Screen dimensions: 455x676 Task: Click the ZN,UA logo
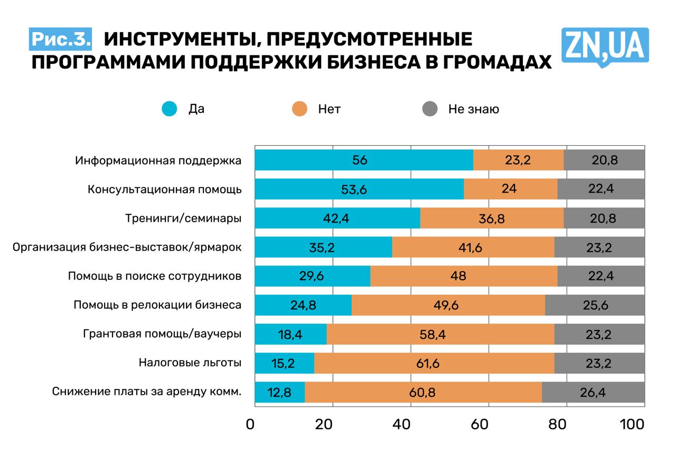tap(605, 46)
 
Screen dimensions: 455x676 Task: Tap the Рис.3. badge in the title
tap(61, 39)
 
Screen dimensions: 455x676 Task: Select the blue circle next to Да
tap(170, 109)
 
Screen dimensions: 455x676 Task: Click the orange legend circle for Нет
tap(299, 109)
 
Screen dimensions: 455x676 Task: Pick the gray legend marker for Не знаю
tap(430, 109)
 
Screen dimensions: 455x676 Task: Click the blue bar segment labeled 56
tap(364, 160)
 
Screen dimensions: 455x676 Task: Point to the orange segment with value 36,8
tap(492, 218)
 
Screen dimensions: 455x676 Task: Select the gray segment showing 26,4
tap(593, 392)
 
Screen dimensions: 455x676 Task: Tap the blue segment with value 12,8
tap(280, 392)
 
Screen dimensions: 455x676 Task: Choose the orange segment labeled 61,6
tap(434, 363)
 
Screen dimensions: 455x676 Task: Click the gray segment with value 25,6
tap(595, 305)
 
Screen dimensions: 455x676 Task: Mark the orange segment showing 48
tap(464, 276)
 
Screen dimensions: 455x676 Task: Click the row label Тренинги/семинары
tap(183, 218)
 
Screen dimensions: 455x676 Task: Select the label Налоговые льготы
tap(190, 363)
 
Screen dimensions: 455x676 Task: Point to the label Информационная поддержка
tap(158, 160)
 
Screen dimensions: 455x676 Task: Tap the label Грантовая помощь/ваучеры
tap(163, 334)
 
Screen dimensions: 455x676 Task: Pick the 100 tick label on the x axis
tap(632, 424)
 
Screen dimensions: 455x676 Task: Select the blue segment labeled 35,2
tap(323, 247)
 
